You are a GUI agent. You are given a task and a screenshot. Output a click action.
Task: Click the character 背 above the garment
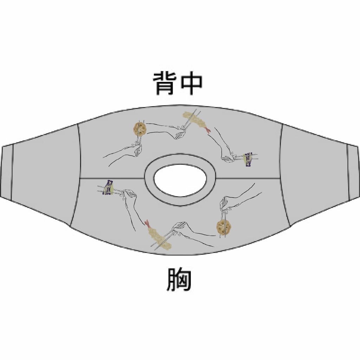(163, 84)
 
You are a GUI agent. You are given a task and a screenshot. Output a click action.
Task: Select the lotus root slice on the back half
(140, 129)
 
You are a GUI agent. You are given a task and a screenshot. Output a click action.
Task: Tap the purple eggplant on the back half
(249, 159)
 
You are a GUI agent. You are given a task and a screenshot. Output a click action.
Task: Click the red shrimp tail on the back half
(208, 130)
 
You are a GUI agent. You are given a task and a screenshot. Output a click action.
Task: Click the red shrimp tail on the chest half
(147, 223)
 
